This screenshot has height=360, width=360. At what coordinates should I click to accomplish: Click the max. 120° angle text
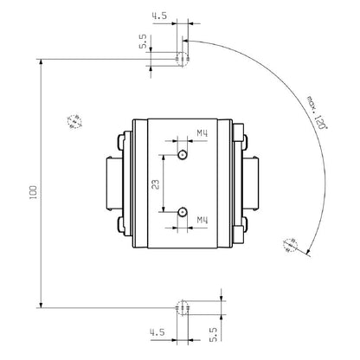click(317, 112)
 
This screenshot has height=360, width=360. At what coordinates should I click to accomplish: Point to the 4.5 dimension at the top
click(158, 16)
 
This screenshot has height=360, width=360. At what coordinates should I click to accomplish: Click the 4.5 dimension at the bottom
click(157, 331)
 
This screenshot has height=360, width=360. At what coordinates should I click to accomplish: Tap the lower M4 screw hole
click(183, 211)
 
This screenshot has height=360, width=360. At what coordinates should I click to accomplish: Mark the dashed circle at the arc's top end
click(182, 60)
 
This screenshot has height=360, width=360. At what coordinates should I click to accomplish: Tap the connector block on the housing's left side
click(112, 183)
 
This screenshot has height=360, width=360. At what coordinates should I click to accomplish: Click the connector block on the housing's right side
click(253, 183)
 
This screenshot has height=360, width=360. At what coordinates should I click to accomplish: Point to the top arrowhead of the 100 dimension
click(41, 63)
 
